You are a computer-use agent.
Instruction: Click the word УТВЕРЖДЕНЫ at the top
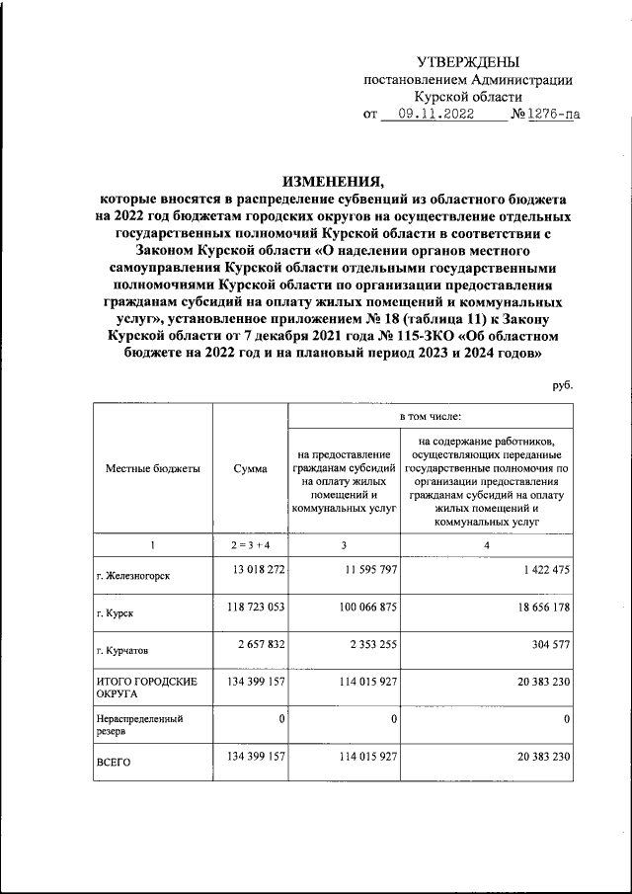(466, 61)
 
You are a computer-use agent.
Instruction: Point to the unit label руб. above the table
(562, 386)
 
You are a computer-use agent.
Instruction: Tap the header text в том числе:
(432, 418)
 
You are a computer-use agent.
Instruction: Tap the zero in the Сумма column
(281, 719)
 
